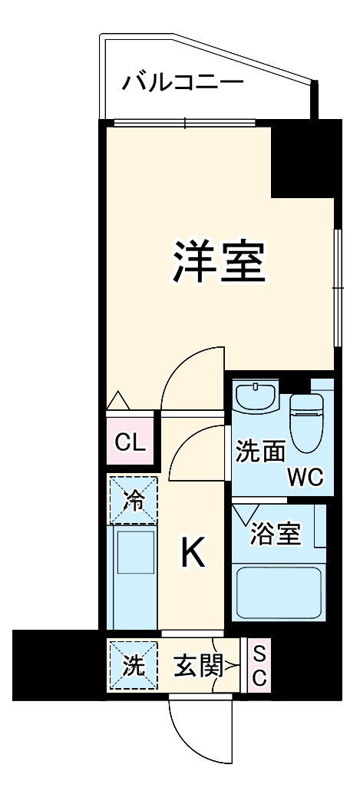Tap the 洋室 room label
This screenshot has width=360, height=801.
click(218, 263)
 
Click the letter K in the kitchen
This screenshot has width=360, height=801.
click(193, 553)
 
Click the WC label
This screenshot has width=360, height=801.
click(305, 478)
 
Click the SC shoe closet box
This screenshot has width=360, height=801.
click(259, 666)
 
